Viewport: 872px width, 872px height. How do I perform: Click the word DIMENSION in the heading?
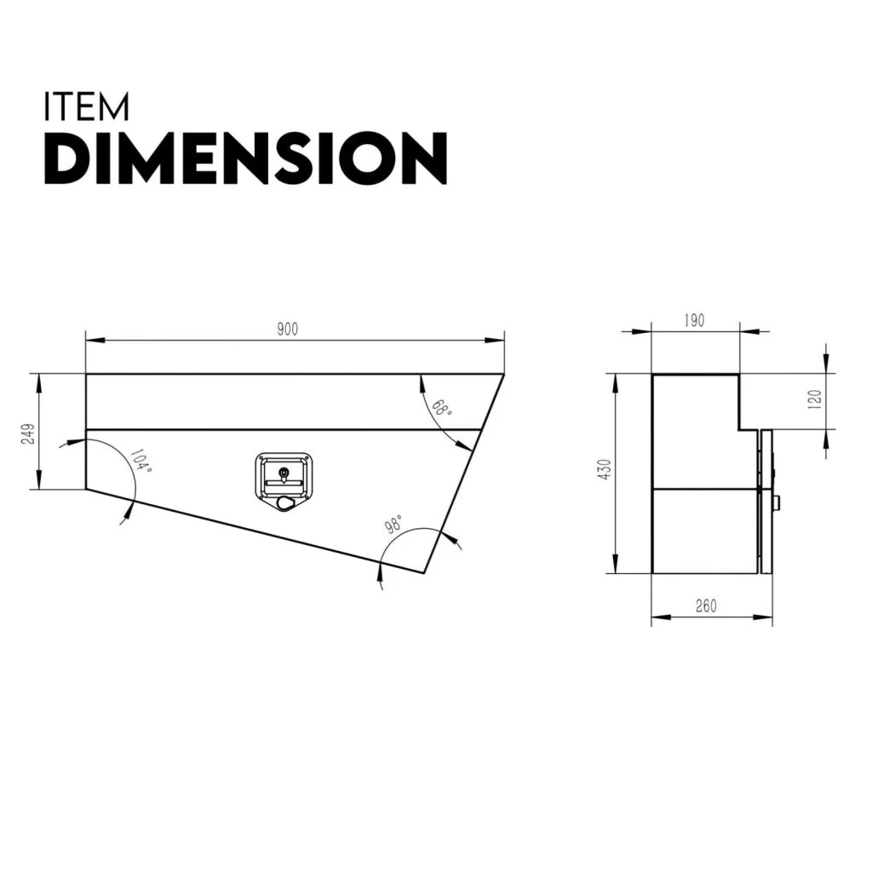pyautogui.click(x=245, y=158)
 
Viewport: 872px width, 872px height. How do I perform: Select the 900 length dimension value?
pyautogui.click(x=288, y=330)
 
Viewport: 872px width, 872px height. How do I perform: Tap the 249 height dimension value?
pyautogui.click(x=28, y=433)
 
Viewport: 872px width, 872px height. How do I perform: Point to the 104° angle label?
pyautogui.click(x=141, y=462)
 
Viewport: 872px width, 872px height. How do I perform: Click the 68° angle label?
pyautogui.click(x=442, y=408)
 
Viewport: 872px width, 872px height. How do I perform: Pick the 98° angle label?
pyautogui.click(x=394, y=524)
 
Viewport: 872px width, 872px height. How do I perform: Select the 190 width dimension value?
pyautogui.click(x=694, y=321)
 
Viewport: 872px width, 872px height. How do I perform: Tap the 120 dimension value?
pyautogui.click(x=814, y=399)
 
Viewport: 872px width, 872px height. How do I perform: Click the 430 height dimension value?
pyautogui.click(x=605, y=469)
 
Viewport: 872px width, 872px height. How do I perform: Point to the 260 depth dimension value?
pyautogui.click(x=706, y=606)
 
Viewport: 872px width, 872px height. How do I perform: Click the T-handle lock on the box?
pyautogui.click(x=284, y=482)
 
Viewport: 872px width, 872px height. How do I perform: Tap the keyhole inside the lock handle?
pyautogui.click(x=284, y=473)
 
